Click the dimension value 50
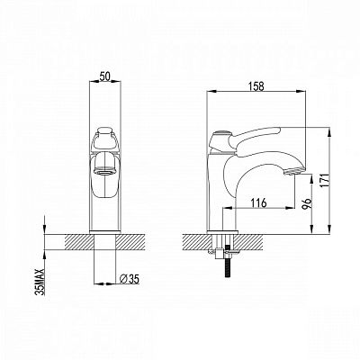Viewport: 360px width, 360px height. (x=104, y=76)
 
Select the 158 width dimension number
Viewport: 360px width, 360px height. (x=256, y=86)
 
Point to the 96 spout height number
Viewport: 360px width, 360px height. (x=308, y=203)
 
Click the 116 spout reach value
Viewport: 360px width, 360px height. (x=258, y=203)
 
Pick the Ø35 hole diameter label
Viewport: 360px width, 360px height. (x=130, y=279)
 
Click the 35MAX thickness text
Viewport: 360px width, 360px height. (x=40, y=282)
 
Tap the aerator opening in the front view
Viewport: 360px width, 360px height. (x=104, y=172)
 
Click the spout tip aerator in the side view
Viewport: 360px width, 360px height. (x=293, y=172)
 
